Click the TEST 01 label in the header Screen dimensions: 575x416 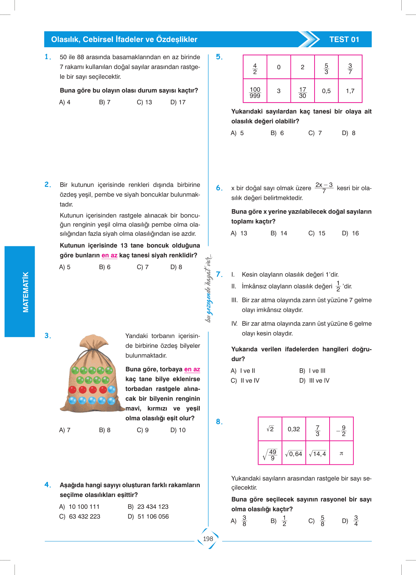click(x=344, y=40)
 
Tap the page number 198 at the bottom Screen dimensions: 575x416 click(x=208, y=539)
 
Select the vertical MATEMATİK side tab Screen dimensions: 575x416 click(x=26, y=292)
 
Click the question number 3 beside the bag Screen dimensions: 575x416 click(x=48, y=336)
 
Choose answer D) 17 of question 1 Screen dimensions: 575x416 click(x=178, y=102)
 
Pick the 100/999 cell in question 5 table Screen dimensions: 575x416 click(x=255, y=92)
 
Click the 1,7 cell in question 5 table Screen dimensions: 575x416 click(x=350, y=91)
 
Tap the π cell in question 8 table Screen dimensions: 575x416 click(x=341, y=454)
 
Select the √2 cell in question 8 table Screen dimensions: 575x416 click(x=270, y=429)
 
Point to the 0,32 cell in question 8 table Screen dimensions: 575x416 click(x=294, y=429)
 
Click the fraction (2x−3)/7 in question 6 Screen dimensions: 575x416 click(x=324, y=188)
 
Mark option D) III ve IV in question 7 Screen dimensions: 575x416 click(x=314, y=380)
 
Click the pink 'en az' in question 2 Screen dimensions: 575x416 click(x=110, y=255)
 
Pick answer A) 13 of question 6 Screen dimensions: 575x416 click(x=239, y=233)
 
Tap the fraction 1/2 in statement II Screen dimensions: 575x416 click(x=338, y=286)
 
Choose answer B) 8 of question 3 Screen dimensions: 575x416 click(x=105, y=430)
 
